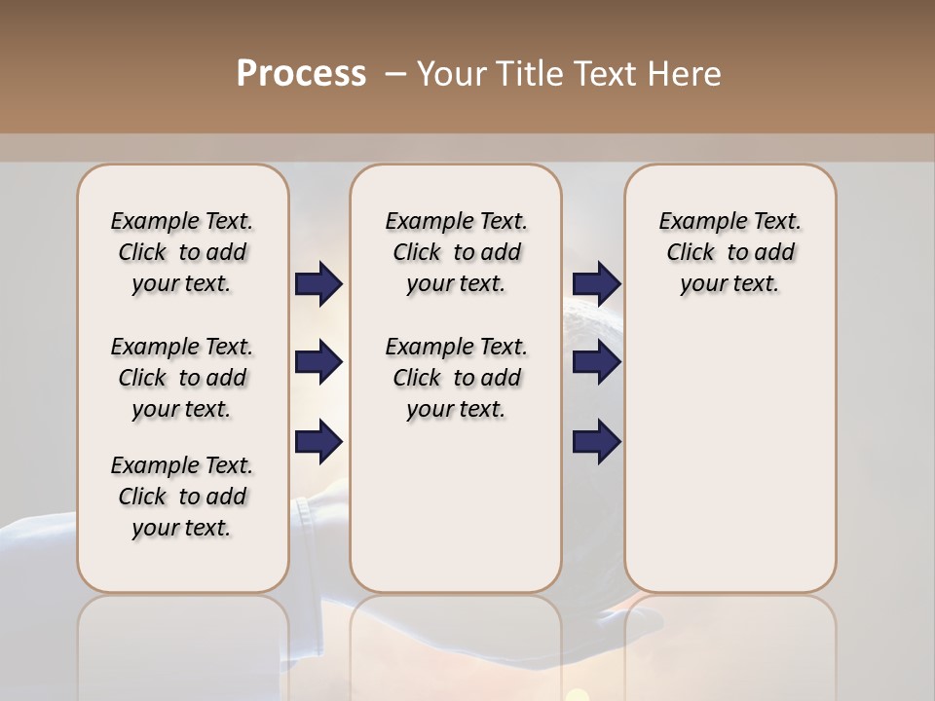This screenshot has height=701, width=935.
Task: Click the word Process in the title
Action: [301, 74]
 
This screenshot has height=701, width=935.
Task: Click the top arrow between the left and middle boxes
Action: [318, 283]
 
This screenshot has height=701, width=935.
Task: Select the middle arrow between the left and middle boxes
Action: [318, 362]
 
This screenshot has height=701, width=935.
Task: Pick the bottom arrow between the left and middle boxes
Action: [318, 441]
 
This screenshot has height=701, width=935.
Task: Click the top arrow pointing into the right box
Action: [596, 283]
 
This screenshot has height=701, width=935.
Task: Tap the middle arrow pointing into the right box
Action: [596, 362]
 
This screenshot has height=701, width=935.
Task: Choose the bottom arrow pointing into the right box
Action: [596, 441]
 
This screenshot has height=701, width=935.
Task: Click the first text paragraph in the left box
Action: [182, 252]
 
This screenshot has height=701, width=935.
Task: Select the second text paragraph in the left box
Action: [182, 378]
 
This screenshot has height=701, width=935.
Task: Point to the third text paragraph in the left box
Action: [182, 497]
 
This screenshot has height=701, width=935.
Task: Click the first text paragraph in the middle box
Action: [456, 252]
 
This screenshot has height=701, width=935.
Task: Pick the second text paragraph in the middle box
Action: [456, 378]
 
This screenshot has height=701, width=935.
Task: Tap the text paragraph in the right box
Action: [729, 252]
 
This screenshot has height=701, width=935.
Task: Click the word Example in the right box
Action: [694, 222]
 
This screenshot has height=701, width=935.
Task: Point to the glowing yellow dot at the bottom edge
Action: [578, 695]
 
